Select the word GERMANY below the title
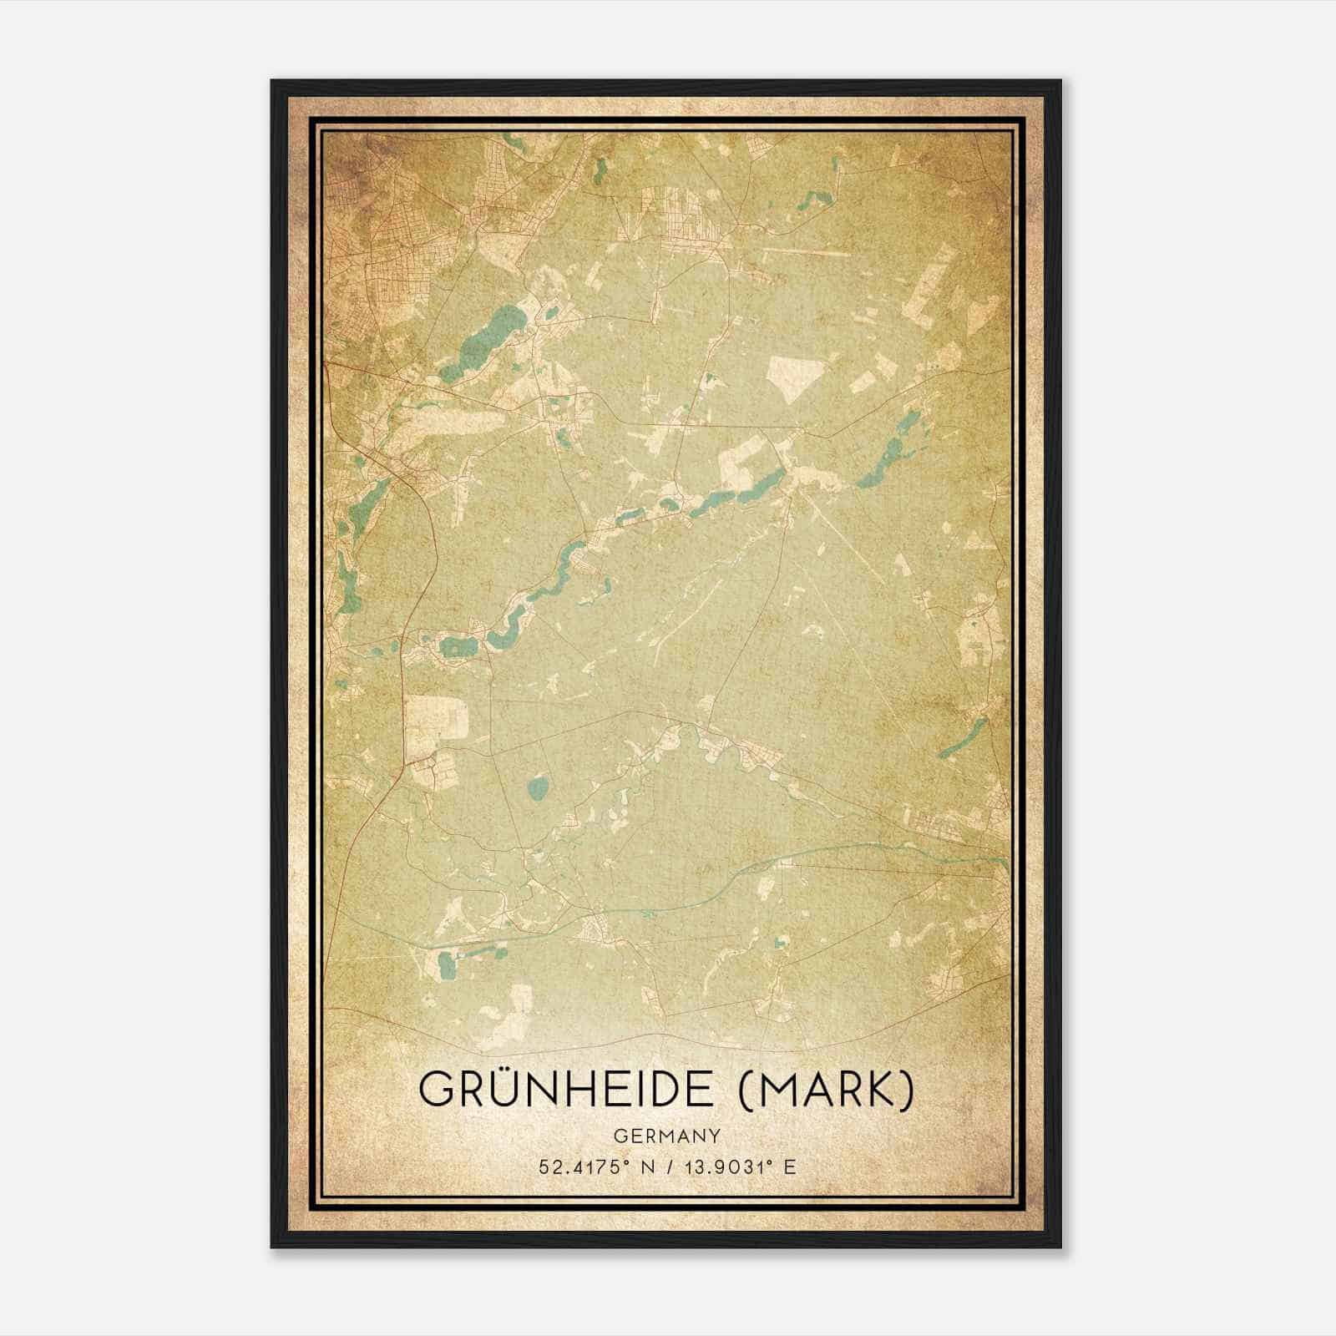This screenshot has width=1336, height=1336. click(667, 1136)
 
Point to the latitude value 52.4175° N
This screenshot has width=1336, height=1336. click(594, 1166)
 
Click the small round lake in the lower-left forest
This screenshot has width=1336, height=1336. click(539, 787)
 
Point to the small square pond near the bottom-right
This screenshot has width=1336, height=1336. click(782, 943)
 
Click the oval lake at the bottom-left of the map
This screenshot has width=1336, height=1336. click(445, 965)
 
